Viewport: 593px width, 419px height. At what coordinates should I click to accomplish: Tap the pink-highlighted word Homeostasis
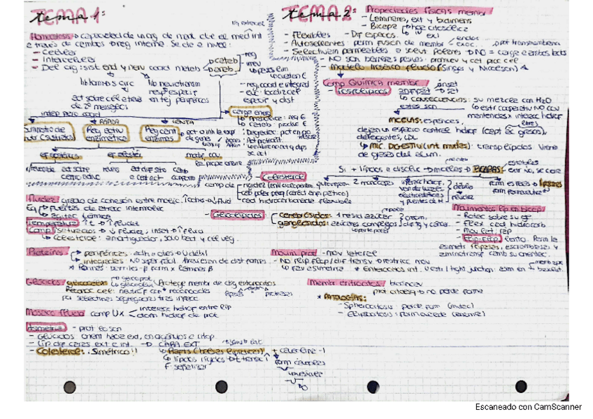pos(45,35)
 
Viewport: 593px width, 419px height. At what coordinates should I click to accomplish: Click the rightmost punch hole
pos(521,386)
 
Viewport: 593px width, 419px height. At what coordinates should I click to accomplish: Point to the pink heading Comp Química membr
pos(374,81)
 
